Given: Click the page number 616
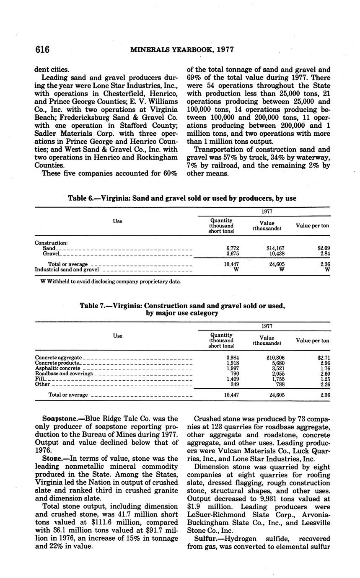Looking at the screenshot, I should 43,50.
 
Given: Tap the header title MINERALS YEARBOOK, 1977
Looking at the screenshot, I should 182,50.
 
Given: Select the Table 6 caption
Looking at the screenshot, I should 182,199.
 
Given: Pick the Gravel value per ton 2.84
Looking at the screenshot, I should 323,254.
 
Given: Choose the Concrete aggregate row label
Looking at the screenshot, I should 58,358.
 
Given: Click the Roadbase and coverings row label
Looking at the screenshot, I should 64,374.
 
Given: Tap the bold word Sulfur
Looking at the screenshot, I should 205,539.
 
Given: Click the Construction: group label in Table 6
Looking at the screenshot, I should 51,243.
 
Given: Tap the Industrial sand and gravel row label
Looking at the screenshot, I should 67,270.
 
